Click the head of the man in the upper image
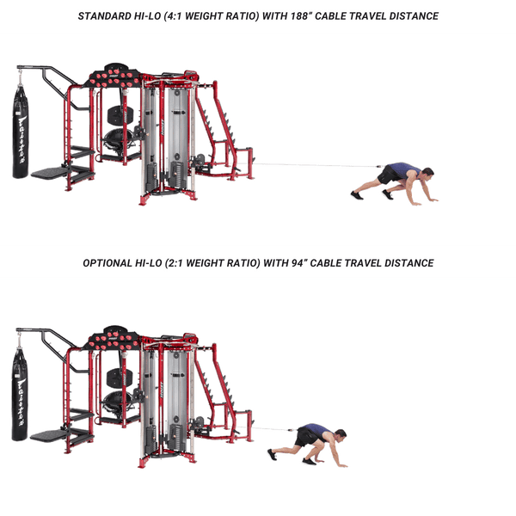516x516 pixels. click(x=427, y=173)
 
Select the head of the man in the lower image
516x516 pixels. click(x=340, y=435)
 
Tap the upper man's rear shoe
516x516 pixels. click(x=356, y=195)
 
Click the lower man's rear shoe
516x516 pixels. click(x=272, y=454)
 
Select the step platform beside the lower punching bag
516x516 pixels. click(x=49, y=435)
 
